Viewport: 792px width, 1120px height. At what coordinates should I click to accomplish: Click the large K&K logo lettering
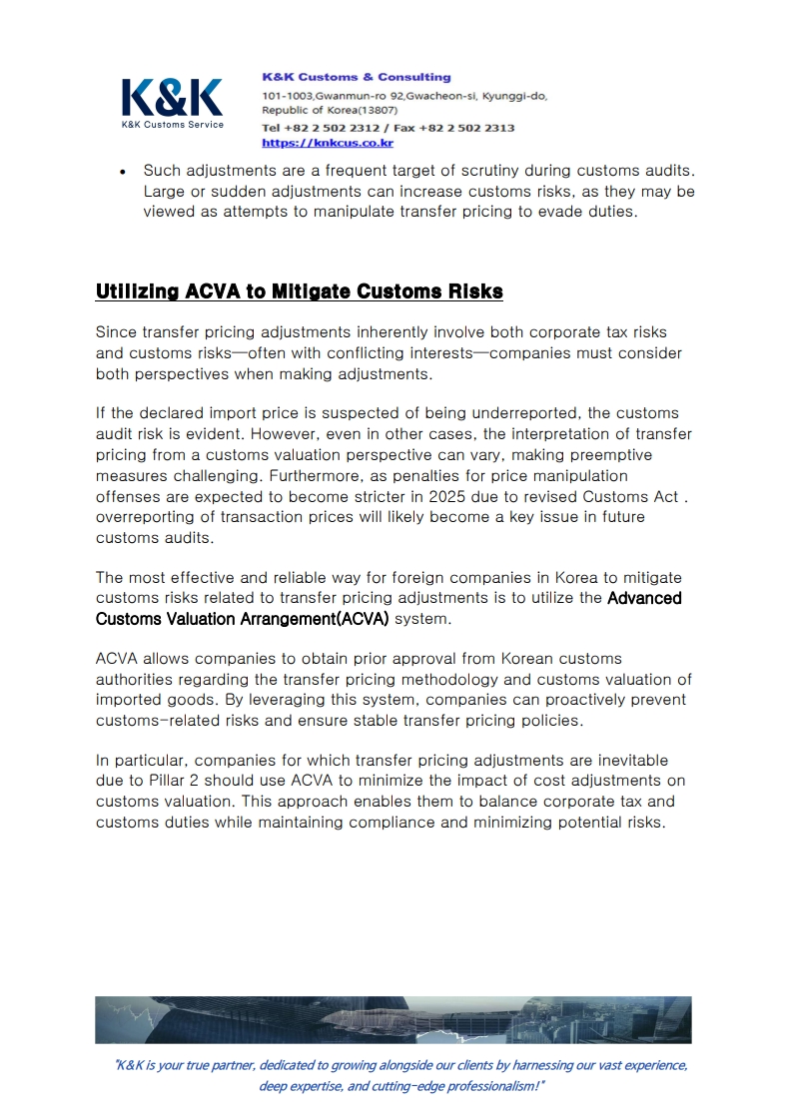point(172,97)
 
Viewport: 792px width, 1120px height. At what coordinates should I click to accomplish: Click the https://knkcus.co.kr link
point(327,143)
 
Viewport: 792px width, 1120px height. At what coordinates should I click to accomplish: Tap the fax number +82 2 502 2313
point(474,128)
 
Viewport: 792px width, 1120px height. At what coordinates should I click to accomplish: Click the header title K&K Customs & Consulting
point(356,77)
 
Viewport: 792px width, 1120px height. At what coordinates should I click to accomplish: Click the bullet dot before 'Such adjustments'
point(122,172)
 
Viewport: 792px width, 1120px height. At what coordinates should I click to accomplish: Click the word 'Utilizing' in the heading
point(138,291)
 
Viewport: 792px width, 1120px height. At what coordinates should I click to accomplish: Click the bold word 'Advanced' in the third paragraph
point(644,599)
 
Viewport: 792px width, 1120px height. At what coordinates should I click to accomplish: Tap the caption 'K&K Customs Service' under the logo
point(172,125)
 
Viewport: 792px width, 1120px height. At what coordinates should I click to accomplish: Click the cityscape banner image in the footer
point(393,1019)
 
